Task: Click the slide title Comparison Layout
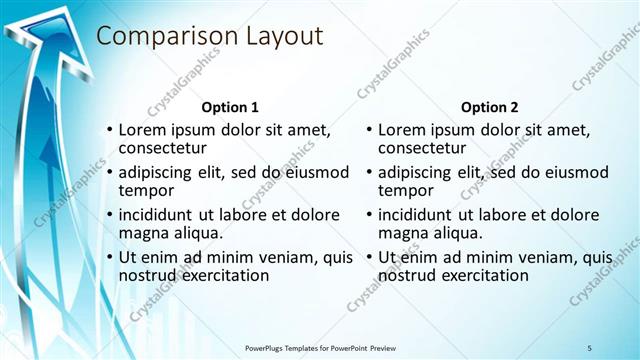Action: (209, 37)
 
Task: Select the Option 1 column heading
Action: (230, 107)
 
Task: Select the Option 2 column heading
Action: (489, 107)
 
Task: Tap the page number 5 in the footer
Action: (590, 347)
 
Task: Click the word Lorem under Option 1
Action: (142, 130)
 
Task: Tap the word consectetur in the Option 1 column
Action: (165, 148)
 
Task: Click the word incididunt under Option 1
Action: (159, 215)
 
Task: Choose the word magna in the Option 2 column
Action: (403, 233)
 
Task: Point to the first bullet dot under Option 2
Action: (369, 131)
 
